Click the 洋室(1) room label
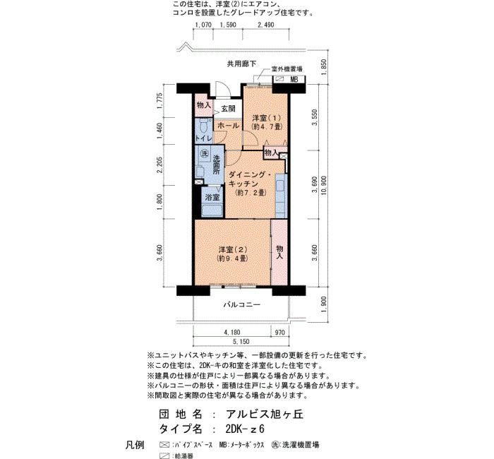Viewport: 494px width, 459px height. [266, 118]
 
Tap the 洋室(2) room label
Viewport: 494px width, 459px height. [233, 250]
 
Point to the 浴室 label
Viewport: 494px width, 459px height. [212, 198]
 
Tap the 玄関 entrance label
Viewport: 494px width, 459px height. [228, 109]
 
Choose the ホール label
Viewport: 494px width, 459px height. [229, 126]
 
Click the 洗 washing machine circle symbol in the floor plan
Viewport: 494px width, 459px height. [205, 153]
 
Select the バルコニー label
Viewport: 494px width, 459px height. [242, 305]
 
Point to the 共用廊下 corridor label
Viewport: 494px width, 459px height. [242, 64]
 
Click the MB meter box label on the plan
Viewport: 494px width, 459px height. [294, 79]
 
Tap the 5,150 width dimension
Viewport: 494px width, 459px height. [241, 341]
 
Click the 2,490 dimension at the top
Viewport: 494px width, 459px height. [266, 25]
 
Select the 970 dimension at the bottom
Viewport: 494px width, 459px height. [279, 333]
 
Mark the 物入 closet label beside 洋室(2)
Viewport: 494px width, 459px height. [279, 252]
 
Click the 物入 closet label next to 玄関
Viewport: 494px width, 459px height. [203, 105]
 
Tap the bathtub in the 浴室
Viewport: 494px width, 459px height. [212, 211]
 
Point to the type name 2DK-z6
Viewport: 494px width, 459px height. [245, 429]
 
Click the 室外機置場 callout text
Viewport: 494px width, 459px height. [287, 69]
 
